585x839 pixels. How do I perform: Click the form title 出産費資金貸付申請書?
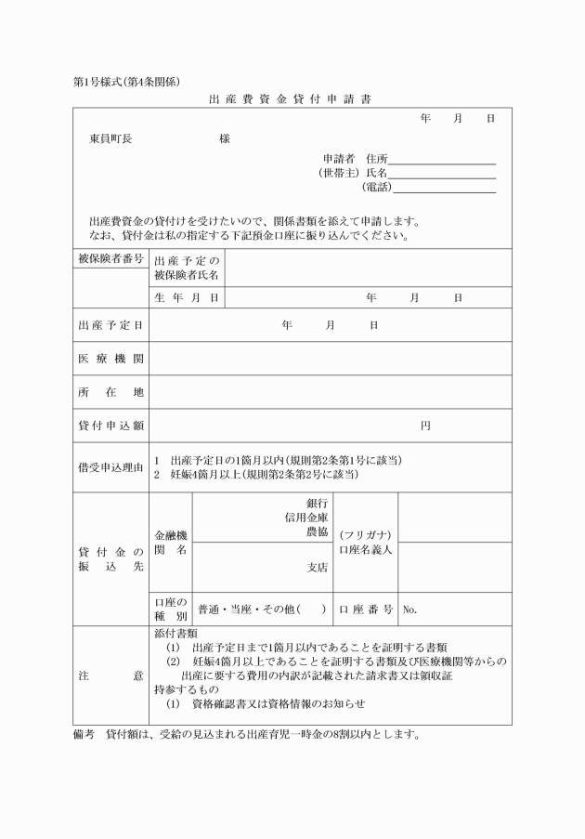coord(291,99)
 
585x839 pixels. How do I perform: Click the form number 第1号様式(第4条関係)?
coord(125,82)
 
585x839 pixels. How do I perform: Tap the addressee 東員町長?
coord(110,139)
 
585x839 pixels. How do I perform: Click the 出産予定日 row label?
coord(110,325)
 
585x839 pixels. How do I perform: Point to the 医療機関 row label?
coord(110,359)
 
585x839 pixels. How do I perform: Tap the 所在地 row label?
coord(110,392)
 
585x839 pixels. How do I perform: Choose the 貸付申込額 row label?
coord(110,426)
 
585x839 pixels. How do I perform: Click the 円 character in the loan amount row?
coord(424,426)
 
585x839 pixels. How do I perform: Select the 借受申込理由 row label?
coord(110,467)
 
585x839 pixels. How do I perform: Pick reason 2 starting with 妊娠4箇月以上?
coord(255,475)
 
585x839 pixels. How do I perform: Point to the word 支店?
coord(317,567)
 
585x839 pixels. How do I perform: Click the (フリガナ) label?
coord(365,535)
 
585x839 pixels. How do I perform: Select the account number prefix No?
coord(410,610)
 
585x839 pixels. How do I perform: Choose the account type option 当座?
coord(249,610)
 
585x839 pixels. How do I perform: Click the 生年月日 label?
coord(187,298)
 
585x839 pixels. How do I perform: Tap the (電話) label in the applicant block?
coord(377,187)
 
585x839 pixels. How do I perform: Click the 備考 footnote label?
coord(84,733)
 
